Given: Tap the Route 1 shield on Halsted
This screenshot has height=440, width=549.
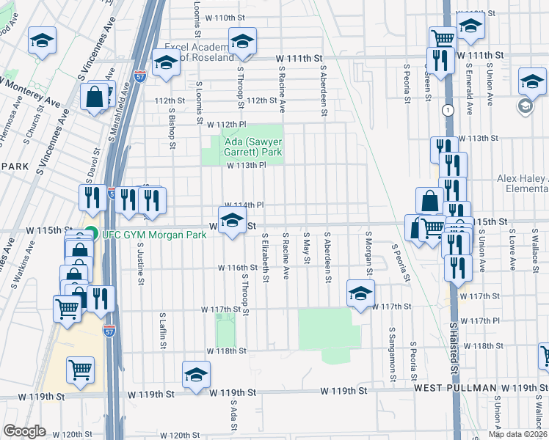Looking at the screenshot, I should coord(446,109).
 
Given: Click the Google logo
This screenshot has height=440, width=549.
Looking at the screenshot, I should coord(24,431).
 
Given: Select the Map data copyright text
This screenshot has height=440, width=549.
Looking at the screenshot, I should coord(517,434).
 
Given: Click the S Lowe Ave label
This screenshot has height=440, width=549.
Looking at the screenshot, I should coord(511,245).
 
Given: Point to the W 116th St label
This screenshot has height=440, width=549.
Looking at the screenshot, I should coord(235,268).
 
